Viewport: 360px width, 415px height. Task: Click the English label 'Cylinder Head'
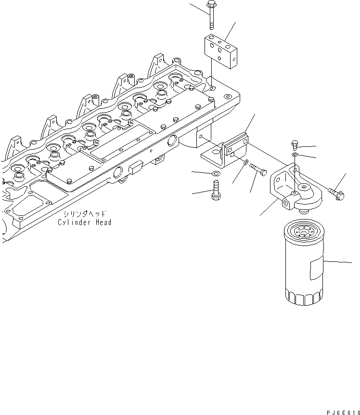85,222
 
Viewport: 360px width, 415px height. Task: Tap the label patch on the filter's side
315,269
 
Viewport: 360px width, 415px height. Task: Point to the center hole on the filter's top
304,230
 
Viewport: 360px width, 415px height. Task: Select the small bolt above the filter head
296,144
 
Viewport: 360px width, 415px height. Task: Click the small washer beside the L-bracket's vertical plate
245,163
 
